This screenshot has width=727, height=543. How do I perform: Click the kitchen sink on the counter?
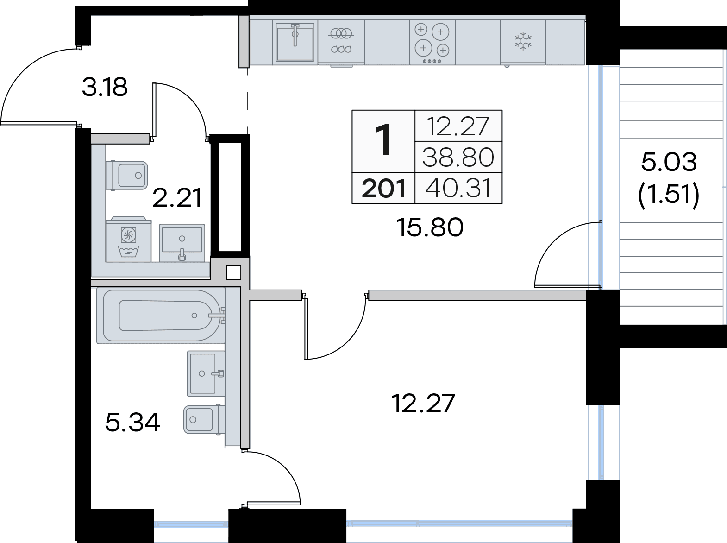295,42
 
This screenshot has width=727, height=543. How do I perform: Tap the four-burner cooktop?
432,43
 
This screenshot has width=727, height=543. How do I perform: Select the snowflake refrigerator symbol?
523,41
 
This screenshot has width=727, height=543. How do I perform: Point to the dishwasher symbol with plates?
341,41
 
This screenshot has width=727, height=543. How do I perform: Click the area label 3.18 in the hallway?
105,87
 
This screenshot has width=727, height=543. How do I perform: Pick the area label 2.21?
177,198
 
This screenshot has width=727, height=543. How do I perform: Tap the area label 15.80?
430,227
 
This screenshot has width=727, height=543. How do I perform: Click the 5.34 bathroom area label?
132,423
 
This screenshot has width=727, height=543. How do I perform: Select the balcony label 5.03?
669,162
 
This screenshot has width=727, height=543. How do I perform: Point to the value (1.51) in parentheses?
669,194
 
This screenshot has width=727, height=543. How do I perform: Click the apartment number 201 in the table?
383,188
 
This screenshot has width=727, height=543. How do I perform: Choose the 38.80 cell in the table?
458,158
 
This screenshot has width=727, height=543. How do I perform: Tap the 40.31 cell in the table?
458,188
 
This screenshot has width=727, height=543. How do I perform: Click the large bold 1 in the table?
383,139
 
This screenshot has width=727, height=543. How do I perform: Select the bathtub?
161,316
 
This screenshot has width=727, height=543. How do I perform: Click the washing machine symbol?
129,239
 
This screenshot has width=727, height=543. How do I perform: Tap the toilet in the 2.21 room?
127,176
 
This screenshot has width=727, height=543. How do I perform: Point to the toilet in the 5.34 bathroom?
202,420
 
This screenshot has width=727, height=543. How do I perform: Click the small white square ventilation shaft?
234,273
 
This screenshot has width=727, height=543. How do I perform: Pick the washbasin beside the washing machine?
182,243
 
